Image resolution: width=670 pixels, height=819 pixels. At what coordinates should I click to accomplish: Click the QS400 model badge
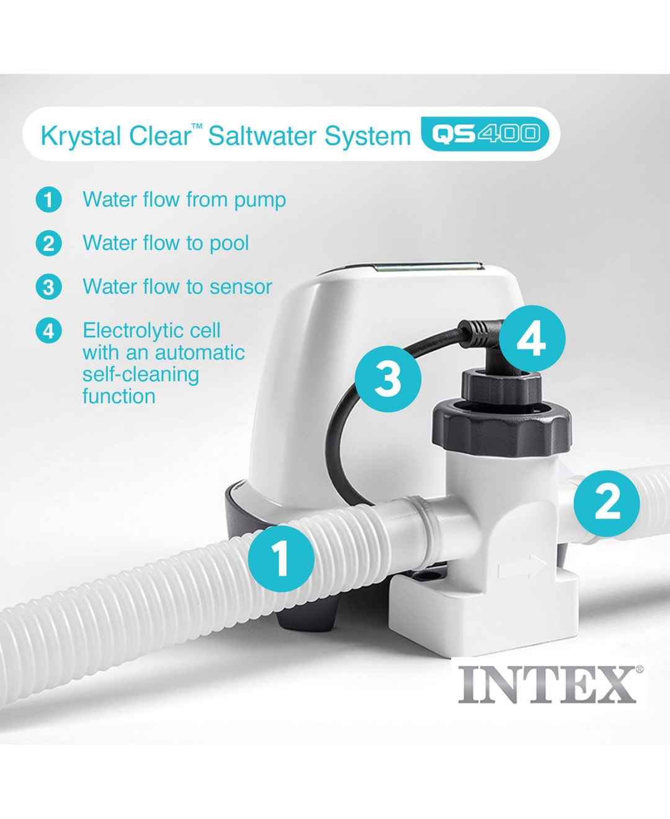(x=485, y=134)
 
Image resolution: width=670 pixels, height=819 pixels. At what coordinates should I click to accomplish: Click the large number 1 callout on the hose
(x=281, y=558)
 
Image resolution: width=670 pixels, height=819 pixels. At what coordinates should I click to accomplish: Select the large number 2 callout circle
(x=607, y=504)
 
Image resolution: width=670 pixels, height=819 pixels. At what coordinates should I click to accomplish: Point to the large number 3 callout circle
(x=388, y=379)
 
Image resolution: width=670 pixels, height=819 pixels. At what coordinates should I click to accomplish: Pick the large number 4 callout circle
(x=532, y=338)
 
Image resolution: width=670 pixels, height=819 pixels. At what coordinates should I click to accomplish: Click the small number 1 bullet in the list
(x=48, y=200)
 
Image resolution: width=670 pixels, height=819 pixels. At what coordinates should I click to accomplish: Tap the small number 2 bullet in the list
(x=48, y=244)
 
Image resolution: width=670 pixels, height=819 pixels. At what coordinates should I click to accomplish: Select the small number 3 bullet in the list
(x=48, y=287)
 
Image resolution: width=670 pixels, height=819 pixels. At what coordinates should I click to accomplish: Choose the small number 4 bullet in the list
(x=48, y=331)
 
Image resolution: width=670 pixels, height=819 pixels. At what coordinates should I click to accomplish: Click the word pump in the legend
(x=260, y=201)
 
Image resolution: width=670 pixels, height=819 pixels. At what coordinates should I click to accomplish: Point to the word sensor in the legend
(x=241, y=287)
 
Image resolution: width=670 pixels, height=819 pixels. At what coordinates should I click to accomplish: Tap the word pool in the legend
(x=229, y=244)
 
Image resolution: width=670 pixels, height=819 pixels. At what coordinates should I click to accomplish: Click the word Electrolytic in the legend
(x=152, y=330)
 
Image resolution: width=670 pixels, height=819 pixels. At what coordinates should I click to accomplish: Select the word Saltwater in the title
(x=261, y=135)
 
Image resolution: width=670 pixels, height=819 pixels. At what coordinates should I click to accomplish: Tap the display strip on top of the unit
(x=427, y=268)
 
